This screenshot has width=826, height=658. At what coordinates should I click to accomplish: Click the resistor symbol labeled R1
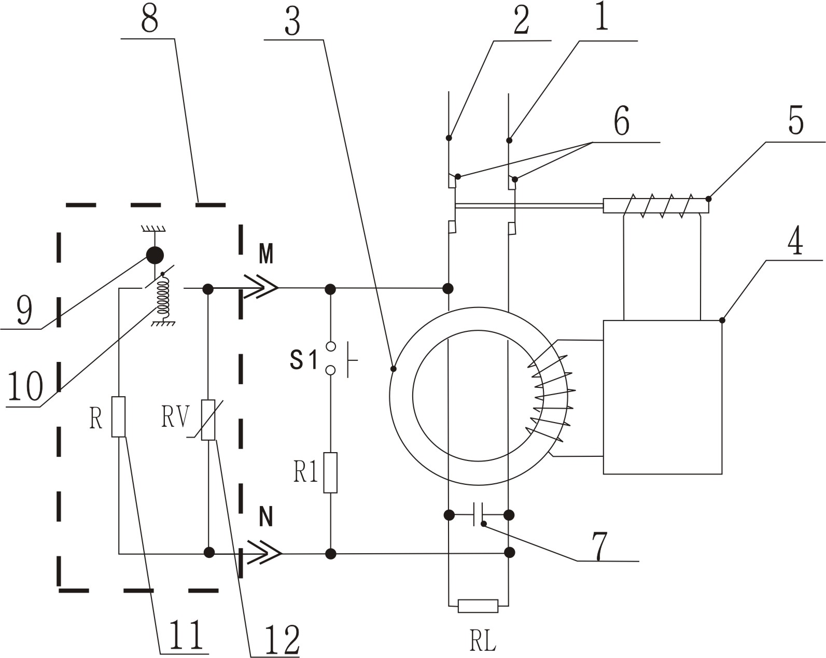tap(330, 472)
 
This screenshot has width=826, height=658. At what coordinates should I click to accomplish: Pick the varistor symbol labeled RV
tap(208, 420)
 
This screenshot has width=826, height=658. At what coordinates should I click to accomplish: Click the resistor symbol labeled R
tap(119, 417)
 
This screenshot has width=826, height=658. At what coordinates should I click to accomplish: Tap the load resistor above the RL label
tap(478, 606)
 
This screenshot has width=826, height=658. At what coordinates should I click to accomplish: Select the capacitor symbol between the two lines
tap(478, 514)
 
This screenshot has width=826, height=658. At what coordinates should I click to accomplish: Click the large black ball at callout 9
tap(155, 255)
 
